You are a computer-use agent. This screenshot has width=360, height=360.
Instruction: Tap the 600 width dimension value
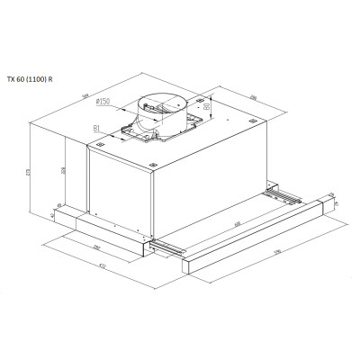pyautogui.click(x=237, y=224)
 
